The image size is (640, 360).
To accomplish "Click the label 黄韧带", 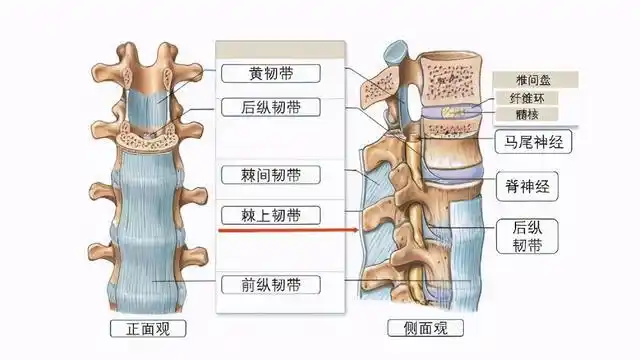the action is click(x=270, y=73).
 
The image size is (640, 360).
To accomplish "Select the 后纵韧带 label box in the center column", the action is click(x=270, y=107).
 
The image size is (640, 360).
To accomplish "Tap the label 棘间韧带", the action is click(x=270, y=176).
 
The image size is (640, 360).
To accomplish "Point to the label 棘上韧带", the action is click(x=270, y=214).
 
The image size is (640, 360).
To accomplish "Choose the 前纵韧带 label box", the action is click(x=270, y=284).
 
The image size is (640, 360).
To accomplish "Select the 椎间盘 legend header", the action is click(x=532, y=80).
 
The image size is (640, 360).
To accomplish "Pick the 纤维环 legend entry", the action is click(x=532, y=98).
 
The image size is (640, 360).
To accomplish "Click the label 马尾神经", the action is click(x=534, y=142).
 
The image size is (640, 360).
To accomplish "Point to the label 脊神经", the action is click(x=526, y=185).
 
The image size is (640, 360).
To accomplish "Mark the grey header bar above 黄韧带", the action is click(x=280, y=49).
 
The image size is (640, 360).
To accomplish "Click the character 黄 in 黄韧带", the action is click(x=255, y=73).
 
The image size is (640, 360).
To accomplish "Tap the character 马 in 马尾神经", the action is click(x=508, y=142).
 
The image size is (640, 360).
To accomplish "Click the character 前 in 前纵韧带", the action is click(x=248, y=284).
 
